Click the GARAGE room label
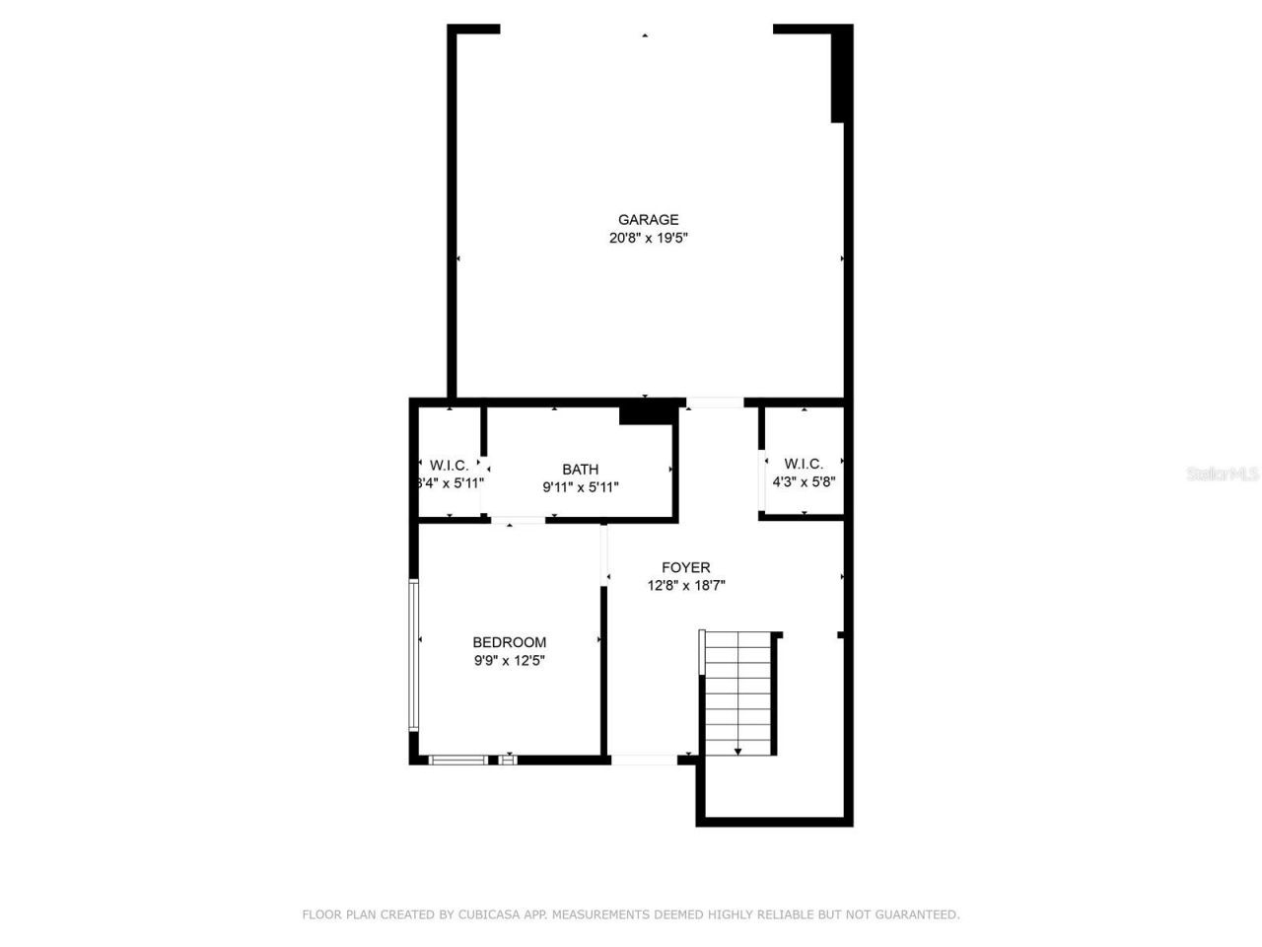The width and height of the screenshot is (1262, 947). [648, 220]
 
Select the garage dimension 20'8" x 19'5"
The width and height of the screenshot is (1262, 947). [648, 238]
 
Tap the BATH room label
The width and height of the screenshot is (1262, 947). [580, 470]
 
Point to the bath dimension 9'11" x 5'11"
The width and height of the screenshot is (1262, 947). [580, 486]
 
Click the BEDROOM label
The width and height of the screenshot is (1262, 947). [509, 642]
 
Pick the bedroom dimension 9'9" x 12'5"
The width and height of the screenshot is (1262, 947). [509, 661]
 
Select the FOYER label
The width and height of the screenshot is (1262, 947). [685, 567]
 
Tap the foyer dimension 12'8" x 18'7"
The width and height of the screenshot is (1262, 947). [685, 585]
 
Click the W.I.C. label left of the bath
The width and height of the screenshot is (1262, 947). [449, 466]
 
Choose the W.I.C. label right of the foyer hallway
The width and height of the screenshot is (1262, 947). [804, 464]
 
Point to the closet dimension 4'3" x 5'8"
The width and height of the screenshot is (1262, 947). [804, 482]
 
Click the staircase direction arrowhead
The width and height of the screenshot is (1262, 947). [737, 752]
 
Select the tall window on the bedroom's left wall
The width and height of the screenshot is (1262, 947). [414, 654]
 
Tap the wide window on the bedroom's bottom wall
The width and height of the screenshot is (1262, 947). [458, 760]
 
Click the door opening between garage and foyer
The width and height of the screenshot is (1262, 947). [715, 402]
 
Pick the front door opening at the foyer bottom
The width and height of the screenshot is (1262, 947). [644, 760]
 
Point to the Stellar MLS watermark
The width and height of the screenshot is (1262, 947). [1223, 473]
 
